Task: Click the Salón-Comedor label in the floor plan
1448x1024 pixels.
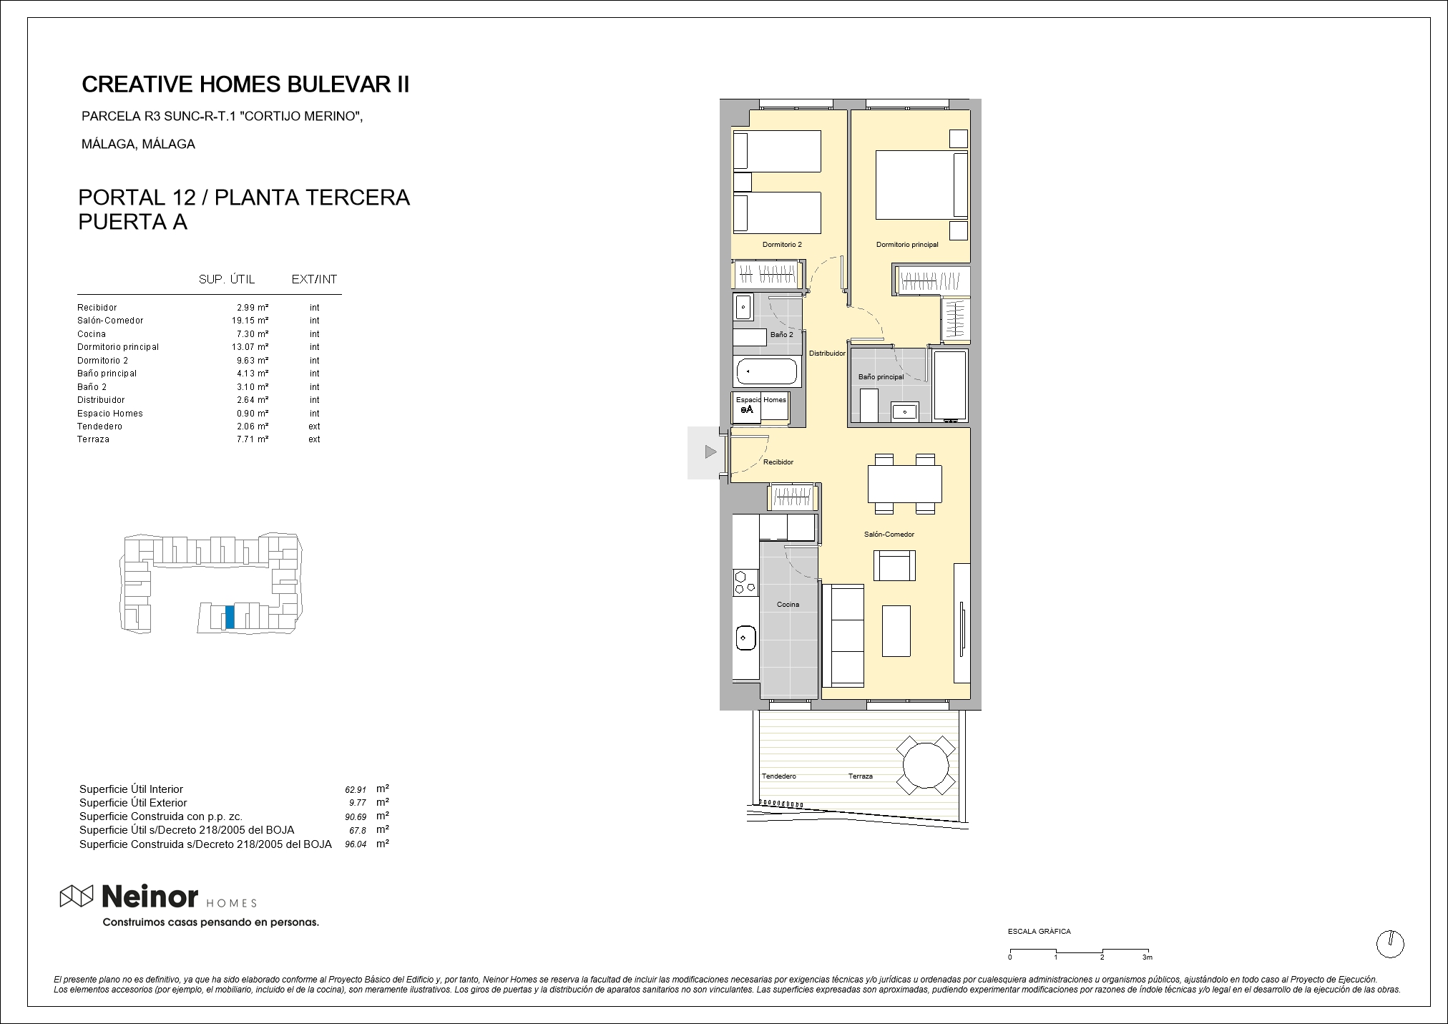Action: [889, 535]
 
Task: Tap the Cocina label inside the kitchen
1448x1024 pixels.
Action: [788, 605]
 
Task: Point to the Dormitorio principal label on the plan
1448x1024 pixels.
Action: [907, 245]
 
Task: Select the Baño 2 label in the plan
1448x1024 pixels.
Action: [781, 335]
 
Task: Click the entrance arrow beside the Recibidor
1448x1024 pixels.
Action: [710, 452]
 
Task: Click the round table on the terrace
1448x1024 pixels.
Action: [926, 765]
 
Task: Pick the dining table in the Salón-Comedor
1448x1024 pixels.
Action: [904, 484]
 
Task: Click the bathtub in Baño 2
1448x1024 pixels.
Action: [766, 372]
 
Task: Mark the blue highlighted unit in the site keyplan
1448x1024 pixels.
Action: [230, 618]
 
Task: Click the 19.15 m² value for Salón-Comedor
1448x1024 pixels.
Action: [245, 321]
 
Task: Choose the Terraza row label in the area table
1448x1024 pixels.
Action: [93, 439]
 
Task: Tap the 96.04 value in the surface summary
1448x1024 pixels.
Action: [356, 844]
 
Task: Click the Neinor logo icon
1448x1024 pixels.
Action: [77, 895]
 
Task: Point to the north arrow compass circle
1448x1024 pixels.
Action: [1390, 944]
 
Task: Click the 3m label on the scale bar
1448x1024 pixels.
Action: [1148, 957]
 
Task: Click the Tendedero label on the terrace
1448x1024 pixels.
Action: [778, 776]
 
